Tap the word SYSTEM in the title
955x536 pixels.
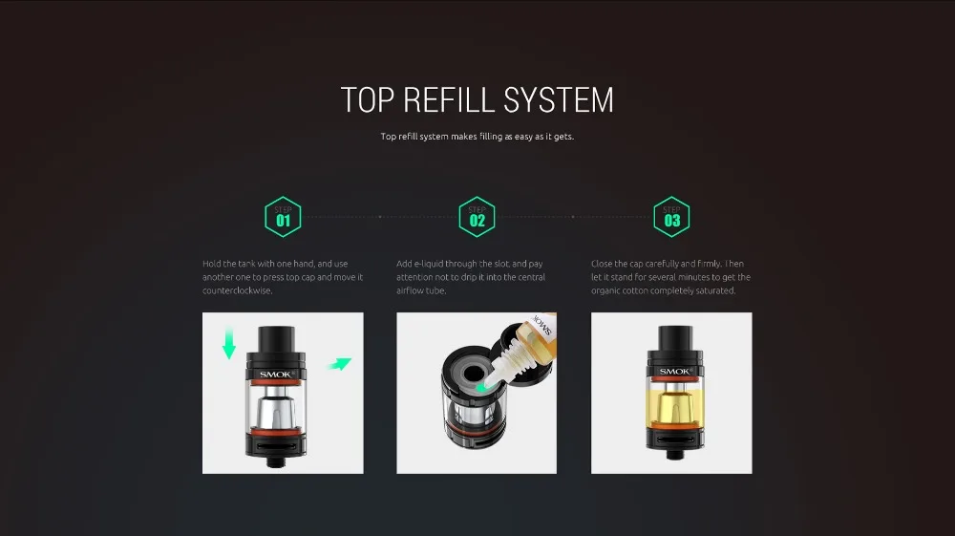[x=559, y=100]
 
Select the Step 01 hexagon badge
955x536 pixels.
[x=284, y=217]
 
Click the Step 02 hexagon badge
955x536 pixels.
[x=477, y=217]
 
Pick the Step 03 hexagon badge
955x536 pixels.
[x=671, y=217]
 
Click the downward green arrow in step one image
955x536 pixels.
[x=229, y=344]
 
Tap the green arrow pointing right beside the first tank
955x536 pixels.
[x=339, y=364]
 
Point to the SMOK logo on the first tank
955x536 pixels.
[x=276, y=374]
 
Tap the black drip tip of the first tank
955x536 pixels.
[x=277, y=338]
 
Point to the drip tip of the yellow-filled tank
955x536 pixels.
[x=675, y=337]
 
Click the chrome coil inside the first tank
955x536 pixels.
[x=276, y=413]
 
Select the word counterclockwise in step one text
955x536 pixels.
[x=238, y=290]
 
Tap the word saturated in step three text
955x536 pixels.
[x=716, y=290]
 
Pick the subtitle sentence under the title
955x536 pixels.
[x=477, y=137]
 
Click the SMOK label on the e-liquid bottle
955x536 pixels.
[x=541, y=324]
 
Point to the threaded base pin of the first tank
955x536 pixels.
[x=277, y=461]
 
